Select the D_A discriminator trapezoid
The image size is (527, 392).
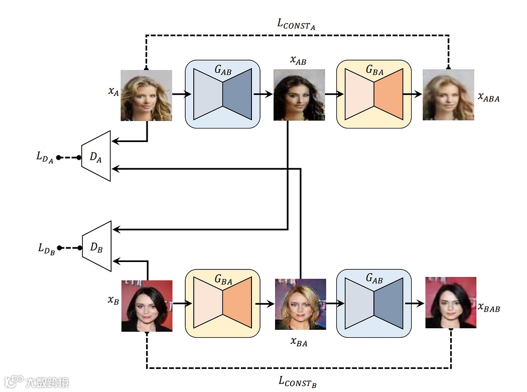[96, 156]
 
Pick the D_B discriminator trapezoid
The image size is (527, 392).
[97, 246]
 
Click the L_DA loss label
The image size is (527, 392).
[45, 157]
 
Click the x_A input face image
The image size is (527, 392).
[146, 95]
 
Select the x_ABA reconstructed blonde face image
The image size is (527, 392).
[448, 95]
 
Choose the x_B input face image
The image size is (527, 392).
[147, 306]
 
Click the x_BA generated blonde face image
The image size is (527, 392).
[300, 304]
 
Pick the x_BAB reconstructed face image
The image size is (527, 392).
[450, 303]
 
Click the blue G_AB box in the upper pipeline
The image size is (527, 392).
[223, 94]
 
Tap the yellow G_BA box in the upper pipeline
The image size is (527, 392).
[373, 94]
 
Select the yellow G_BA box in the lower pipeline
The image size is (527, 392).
[223, 303]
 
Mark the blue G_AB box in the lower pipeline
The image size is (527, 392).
[373, 303]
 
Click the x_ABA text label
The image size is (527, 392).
[488, 97]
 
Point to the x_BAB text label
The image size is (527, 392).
[488, 307]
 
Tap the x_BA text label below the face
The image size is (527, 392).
[299, 342]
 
